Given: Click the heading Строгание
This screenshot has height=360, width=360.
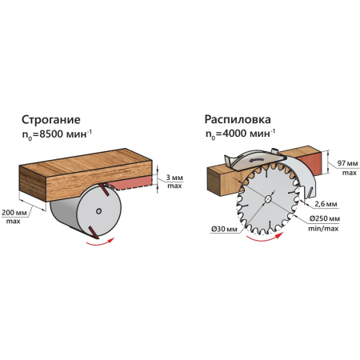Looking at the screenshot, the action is pos(51,120).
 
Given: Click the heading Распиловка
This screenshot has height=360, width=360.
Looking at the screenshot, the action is pos(238,119).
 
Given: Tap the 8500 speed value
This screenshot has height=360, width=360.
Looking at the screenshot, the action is pos(51,134).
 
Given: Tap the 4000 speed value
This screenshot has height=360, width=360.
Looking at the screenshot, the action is pos(235,133).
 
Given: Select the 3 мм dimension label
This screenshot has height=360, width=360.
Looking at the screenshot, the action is pos(174,178).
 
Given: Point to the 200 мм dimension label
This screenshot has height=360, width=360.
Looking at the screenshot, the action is pos(14,213).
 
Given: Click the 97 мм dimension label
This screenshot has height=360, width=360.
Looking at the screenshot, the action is pos(346,163).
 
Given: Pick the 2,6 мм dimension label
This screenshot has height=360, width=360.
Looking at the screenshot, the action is pos(326,204).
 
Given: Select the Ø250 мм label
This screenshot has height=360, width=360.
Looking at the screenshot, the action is pos(325,218).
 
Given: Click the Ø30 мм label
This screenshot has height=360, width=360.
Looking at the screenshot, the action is pos(224,229).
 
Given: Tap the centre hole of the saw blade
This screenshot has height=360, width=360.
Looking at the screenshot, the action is pos(268,199).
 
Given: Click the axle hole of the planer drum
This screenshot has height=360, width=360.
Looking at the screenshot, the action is pos(98,211).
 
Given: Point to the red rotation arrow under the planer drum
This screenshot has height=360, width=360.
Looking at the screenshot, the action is pos(100,242).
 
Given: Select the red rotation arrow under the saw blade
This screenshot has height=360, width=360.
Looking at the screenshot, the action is pos(264,238).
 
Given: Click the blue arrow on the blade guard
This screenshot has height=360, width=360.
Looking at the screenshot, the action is pos(256,160).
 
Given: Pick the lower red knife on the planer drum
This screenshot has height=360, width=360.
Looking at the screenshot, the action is pos(94,232).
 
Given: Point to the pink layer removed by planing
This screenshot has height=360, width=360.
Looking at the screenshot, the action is pos(132,182).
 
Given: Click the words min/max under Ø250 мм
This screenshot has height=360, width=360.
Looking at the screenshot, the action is pos(323,229).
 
